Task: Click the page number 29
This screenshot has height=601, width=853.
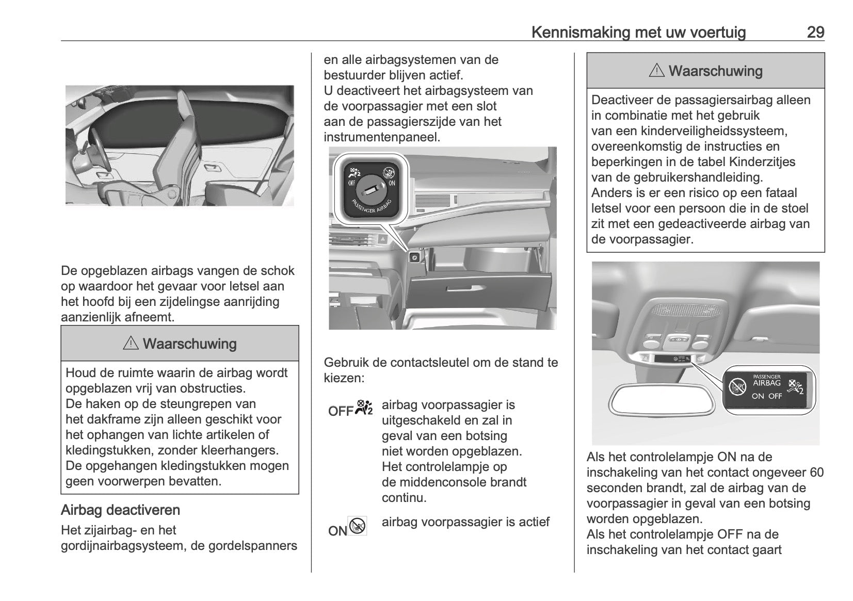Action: (815, 33)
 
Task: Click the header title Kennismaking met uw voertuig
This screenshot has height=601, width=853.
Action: (638, 33)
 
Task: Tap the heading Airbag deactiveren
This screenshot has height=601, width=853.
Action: (120, 510)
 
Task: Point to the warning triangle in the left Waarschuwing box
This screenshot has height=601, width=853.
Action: (131, 344)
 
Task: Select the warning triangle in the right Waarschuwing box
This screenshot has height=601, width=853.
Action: (656, 71)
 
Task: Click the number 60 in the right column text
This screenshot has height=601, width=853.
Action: (816, 473)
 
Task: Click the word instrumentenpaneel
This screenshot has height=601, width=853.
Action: (381, 137)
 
